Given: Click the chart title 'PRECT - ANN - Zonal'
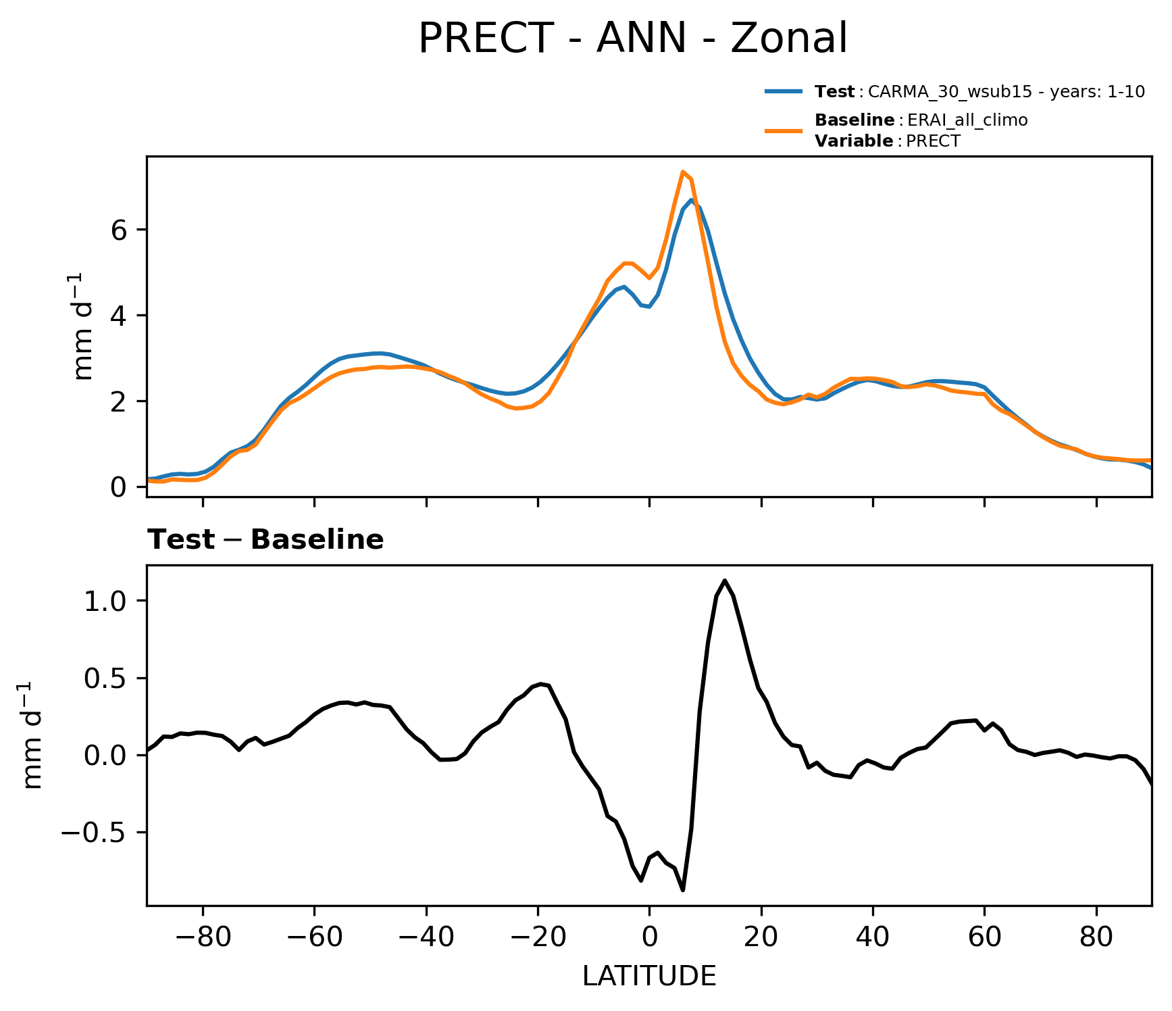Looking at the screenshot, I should pyautogui.click(x=632, y=39).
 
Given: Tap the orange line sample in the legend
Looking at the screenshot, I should pyautogui.click(x=784, y=130).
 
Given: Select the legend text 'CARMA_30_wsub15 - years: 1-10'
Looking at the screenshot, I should pyautogui.click(x=1006, y=92).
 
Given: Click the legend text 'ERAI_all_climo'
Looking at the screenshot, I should pyautogui.click(x=967, y=120).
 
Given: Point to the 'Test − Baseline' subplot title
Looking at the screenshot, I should pyautogui.click(x=265, y=540).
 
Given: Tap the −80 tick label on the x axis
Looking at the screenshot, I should pyautogui.click(x=203, y=937).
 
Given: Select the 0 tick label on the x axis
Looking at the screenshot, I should pyautogui.click(x=649, y=937).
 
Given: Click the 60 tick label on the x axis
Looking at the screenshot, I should pyautogui.click(x=984, y=937).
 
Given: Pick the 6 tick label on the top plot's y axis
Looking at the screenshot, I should pyautogui.click(x=119, y=230).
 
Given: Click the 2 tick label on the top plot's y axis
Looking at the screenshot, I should pyautogui.click(x=119, y=401).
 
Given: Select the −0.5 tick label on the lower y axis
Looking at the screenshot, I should pyautogui.click(x=94, y=833).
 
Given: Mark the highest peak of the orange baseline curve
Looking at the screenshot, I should pyautogui.click(x=683, y=172).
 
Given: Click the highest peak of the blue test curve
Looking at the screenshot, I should pyautogui.click(x=692, y=200).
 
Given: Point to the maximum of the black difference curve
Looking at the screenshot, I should pyautogui.click(x=725, y=581).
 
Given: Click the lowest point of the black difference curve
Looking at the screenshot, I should pyautogui.click(x=683, y=890).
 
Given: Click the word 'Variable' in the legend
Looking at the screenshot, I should pyautogui.click(x=854, y=141).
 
